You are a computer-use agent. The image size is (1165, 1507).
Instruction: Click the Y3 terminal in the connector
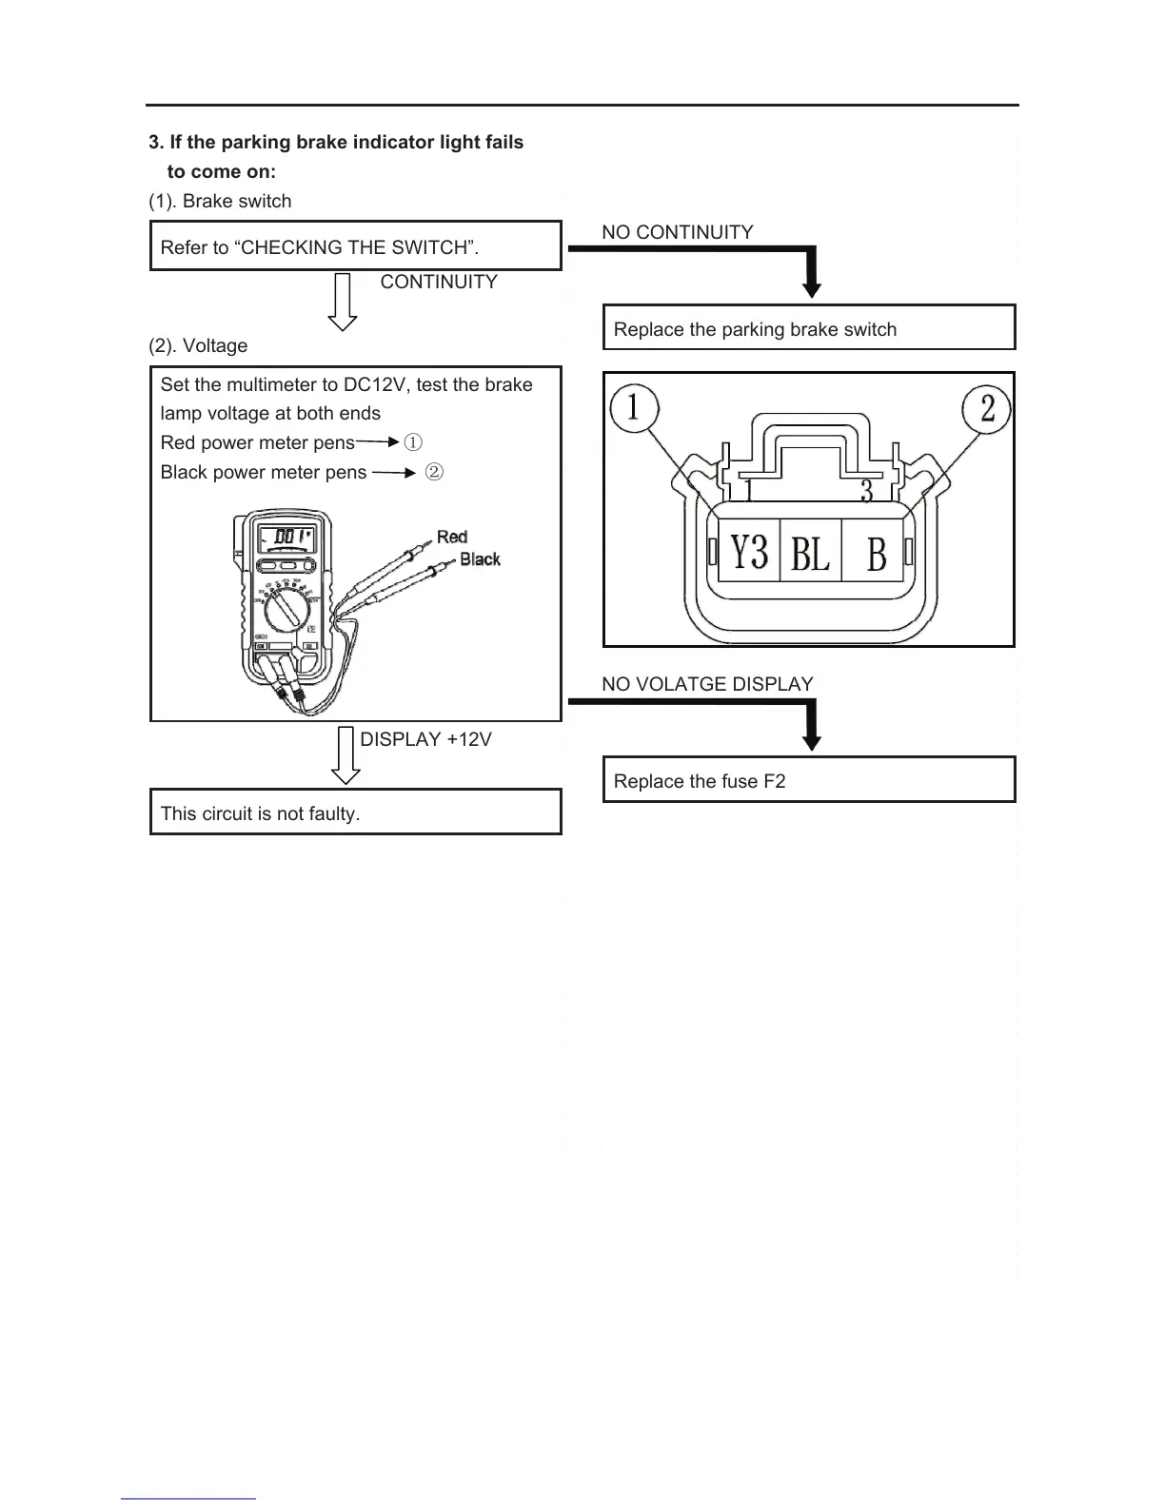(x=749, y=551)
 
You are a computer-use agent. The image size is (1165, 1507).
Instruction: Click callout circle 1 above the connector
(x=632, y=408)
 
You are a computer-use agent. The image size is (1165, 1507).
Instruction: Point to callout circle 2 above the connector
(x=987, y=408)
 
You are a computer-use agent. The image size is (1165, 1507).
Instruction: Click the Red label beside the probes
(x=452, y=537)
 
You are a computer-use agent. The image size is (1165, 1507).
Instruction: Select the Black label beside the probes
(x=480, y=559)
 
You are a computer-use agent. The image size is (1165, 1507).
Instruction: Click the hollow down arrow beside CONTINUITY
(x=343, y=302)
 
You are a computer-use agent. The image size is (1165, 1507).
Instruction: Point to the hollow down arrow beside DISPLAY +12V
(x=345, y=755)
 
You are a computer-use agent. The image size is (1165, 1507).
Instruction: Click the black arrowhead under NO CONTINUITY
(x=811, y=286)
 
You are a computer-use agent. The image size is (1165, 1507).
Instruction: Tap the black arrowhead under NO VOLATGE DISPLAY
(x=811, y=739)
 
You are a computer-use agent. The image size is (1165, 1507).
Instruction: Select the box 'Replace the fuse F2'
(x=809, y=780)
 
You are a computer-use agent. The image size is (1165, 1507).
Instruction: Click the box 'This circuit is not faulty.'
(x=356, y=812)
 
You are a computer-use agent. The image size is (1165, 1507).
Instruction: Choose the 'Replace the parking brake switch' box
(x=809, y=328)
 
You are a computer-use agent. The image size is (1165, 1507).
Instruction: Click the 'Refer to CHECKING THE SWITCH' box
(x=356, y=246)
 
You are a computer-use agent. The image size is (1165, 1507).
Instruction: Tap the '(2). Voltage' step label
(x=198, y=345)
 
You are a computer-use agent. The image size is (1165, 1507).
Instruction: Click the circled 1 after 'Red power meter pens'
(x=413, y=442)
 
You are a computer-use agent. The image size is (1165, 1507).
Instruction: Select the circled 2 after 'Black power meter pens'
(x=433, y=472)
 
